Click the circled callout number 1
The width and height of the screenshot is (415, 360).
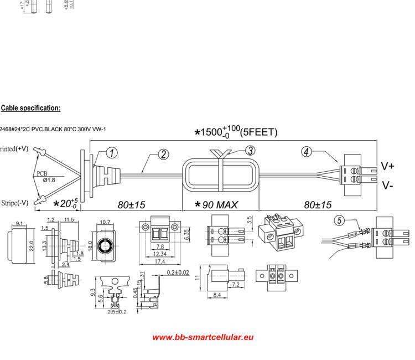(x=111, y=153)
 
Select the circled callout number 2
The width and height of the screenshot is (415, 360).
(x=164, y=155)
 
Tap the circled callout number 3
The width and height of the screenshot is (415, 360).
(x=250, y=150)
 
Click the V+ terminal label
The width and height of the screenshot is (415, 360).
(x=388, y=166)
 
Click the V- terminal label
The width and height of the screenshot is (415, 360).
(x=387, y=185)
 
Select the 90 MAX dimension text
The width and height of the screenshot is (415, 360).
(x=217, y=205)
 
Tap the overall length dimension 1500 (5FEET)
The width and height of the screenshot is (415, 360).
(x=236, y=132)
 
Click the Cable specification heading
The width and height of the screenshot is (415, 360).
(x=31, y=108)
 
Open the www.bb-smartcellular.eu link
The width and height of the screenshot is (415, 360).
(x=203, y=337)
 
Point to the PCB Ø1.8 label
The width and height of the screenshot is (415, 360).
(x=45, y=176)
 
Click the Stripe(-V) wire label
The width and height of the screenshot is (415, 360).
(x=14, y=203)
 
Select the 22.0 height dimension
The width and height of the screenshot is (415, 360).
(x=32, y=245)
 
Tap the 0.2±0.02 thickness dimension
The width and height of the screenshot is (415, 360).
(x=179, y=272)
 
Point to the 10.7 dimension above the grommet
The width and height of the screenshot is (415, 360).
(x=105, y=223)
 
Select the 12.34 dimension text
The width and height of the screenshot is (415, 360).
(x=160, y=254)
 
